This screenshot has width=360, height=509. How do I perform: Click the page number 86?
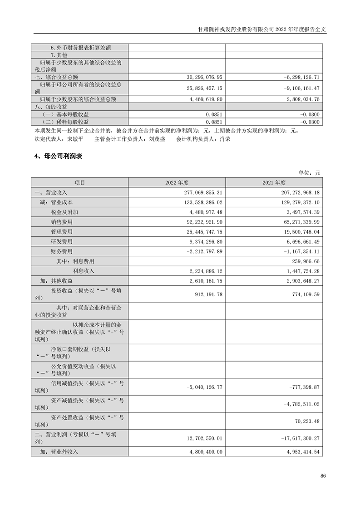tap(323, 476)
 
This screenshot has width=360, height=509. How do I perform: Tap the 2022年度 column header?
tap(177, 183)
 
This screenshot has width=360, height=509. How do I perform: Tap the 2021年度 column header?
tap(274, 183)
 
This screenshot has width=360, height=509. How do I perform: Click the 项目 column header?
tap(79, 183)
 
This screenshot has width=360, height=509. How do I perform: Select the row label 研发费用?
tap(62, 241)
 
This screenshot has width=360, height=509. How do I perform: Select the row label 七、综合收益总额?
tap(57, 78)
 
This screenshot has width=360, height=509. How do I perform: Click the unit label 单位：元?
tap(309, 173)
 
